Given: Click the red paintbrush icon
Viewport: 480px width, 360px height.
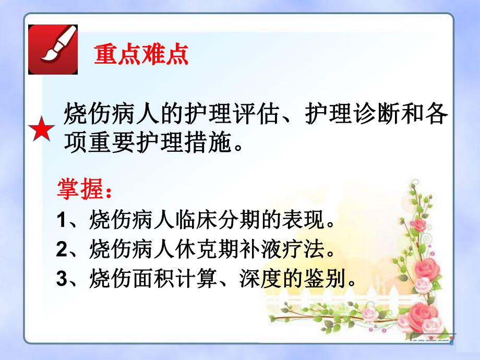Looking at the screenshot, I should click(53, 49).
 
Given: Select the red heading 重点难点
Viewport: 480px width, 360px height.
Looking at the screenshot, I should click(141, 54).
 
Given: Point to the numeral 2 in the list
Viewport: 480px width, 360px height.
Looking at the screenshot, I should click(62, 249).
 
